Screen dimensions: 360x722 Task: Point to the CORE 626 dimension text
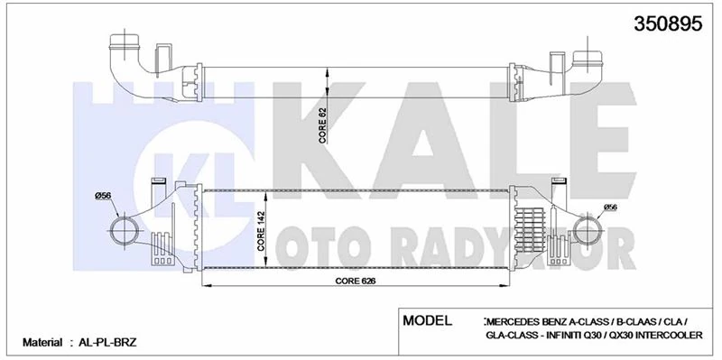[x=354, y=281]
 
